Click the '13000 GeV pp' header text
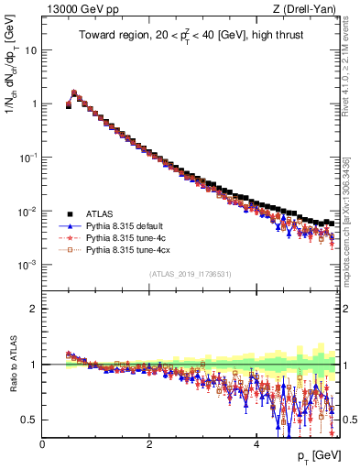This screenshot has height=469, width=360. (78, 9)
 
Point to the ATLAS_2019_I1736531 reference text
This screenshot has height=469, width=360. (189, 274)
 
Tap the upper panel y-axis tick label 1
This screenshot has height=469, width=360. (33, 104)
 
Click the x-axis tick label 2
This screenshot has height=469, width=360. (149, 443)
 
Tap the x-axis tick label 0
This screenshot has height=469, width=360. (42, 443)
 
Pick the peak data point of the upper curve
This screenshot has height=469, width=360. (74, 93)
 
